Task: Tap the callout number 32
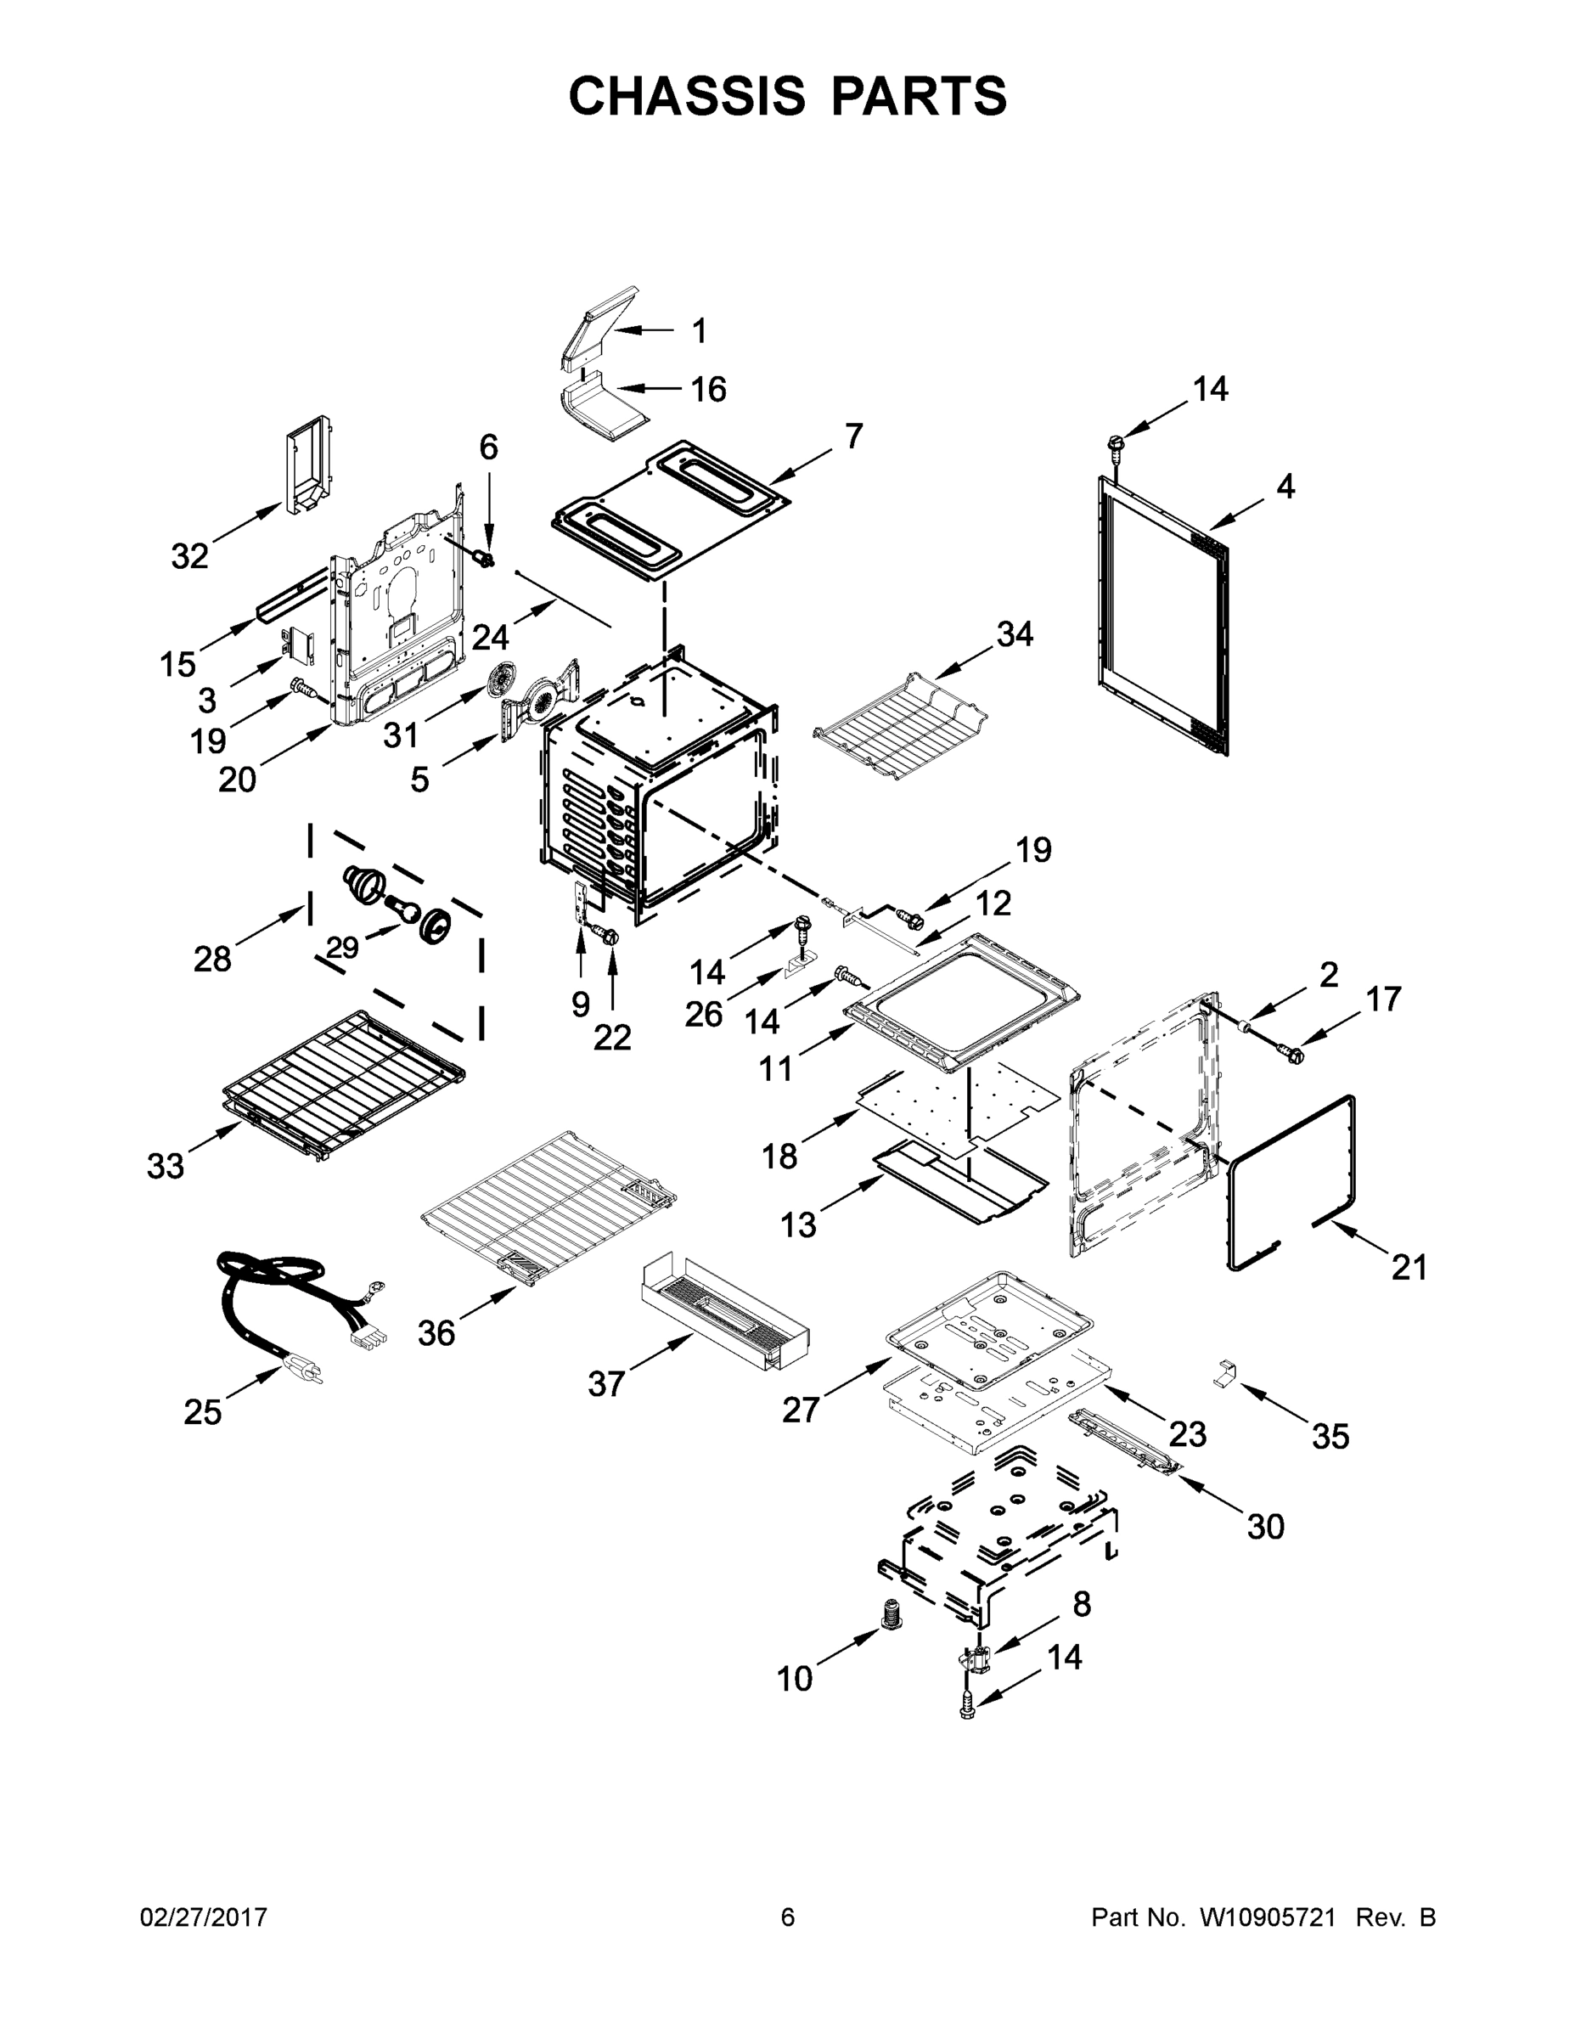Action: (189, 557)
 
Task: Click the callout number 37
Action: (606, 1384)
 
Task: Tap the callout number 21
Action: (1409, 1267)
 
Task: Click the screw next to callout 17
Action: (1292, 1055)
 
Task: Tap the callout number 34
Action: (1015, 634)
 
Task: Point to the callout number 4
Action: (1285, 487)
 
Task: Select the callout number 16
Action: (709, 389)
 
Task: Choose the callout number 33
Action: (166, 1166)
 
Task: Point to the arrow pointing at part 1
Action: (644, 330)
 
